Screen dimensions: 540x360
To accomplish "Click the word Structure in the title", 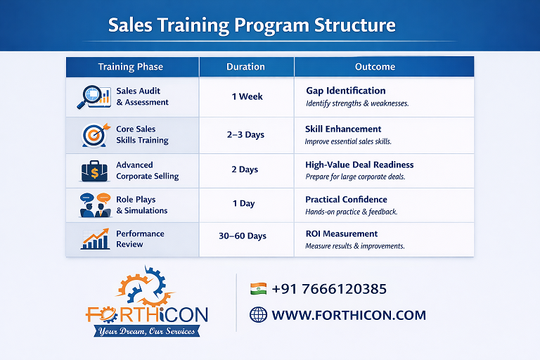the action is pos(354,25).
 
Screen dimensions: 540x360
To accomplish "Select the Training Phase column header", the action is pos(131,67).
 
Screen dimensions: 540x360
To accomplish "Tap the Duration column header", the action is pos(245,67).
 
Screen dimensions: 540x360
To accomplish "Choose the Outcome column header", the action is pos(375,67).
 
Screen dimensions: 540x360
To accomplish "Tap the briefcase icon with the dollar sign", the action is pos(95,172).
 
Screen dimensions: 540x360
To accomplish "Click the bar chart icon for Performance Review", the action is pos(95,239).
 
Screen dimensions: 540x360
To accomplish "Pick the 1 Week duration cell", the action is pos(247,96).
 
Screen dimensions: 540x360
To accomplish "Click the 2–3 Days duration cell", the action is pos(245,134).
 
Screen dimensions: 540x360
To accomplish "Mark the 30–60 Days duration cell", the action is pos(243,236).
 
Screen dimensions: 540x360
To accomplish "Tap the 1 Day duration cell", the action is pos(243,203).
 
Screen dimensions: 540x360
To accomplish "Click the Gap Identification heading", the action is pos(346,91).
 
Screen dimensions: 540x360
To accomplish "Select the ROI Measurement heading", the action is pos(342,233).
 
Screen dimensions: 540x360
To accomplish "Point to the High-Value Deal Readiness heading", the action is pos(359,165).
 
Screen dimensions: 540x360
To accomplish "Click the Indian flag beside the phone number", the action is pos(258,289).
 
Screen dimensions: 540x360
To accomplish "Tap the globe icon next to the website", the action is pos(258,314).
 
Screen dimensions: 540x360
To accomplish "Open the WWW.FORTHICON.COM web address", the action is pos(349,315).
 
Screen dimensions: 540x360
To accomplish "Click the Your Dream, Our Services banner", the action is pos(147,331).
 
